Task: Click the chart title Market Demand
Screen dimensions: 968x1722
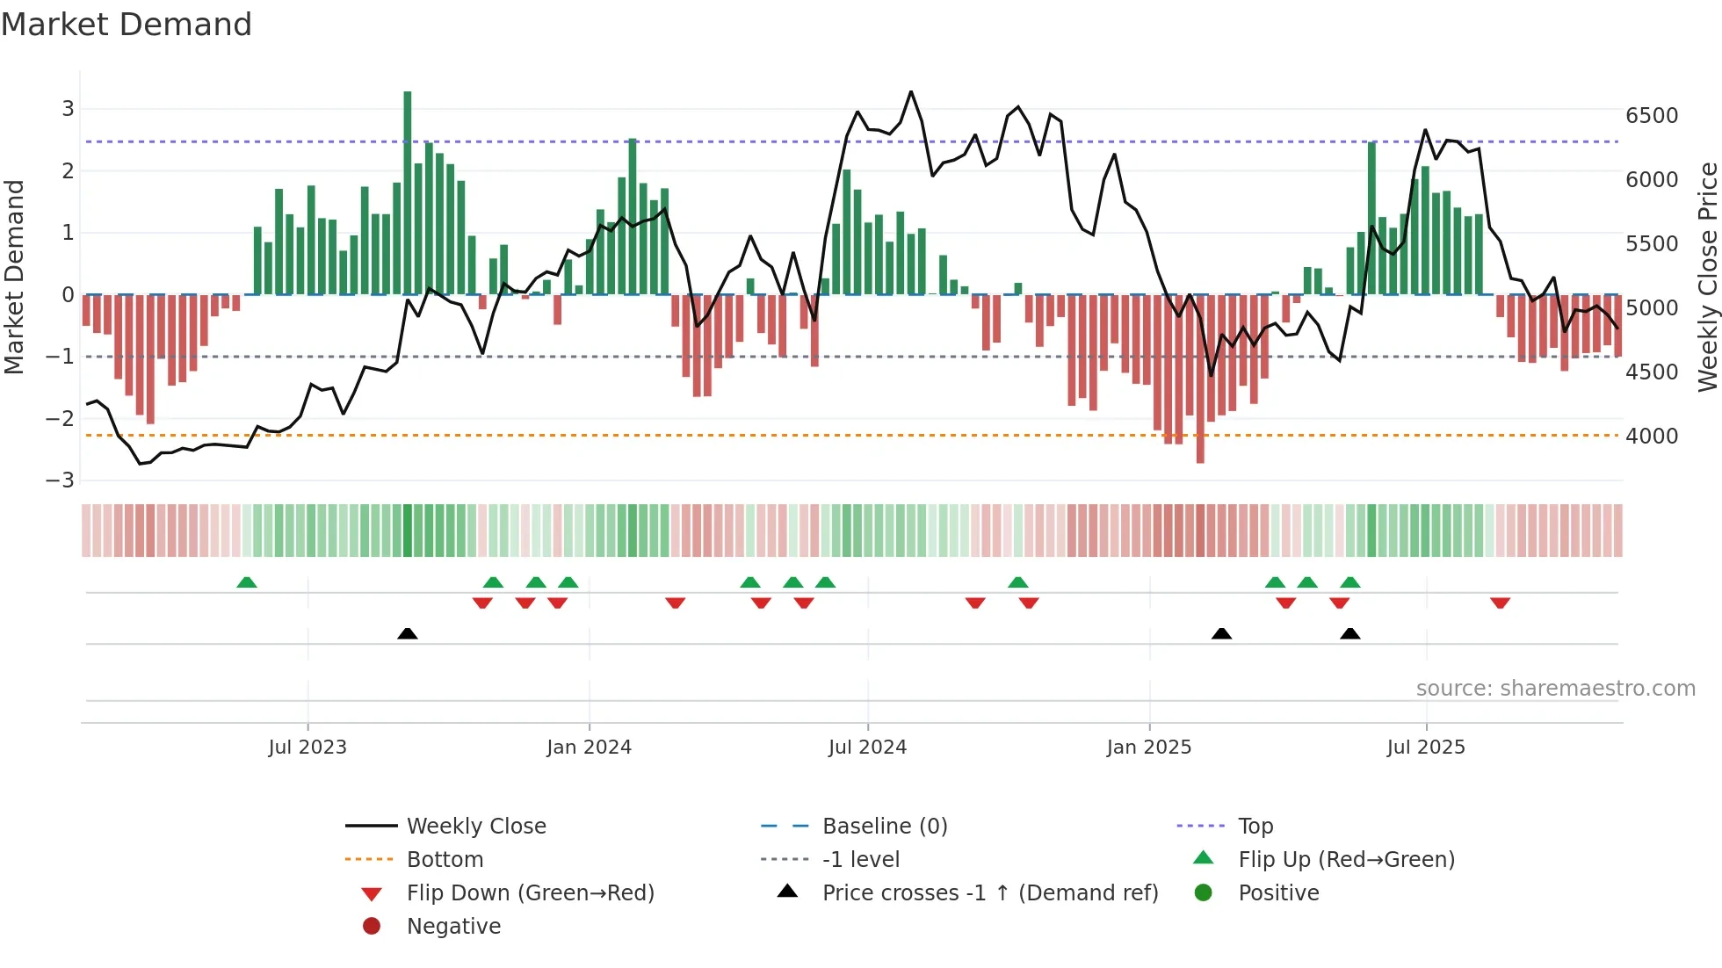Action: (x=127, y=25)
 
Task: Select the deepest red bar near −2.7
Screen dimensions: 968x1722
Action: (x=1200, y=379)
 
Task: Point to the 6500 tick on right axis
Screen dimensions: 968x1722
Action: (x=1651, y=116)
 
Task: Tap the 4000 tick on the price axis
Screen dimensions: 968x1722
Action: (x=1651, y=437)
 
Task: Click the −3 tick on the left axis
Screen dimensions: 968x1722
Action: (x=60, y=480)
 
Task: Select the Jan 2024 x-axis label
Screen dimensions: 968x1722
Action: (x=589, y=748)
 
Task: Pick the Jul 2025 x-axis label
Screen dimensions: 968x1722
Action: (x=1426, y=748)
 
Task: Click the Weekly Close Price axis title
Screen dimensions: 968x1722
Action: (x=1707, y=277)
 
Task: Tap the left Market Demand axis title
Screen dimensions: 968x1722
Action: (x=14, y=277)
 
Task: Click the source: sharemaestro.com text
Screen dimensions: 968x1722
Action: (x=1555, y=689)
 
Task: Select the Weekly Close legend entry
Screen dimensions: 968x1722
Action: (x=475, y=827)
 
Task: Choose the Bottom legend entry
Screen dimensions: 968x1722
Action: (x=445, y=860)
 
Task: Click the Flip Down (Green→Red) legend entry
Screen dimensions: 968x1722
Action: (x=530, y=893)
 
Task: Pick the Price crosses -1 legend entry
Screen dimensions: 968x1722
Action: (x=989, y=893)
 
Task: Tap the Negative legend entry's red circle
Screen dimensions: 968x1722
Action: (x=372, y=927)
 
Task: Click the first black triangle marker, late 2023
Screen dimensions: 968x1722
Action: (x=408, y=633)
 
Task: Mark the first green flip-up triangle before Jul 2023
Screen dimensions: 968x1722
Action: (x=247, y=582)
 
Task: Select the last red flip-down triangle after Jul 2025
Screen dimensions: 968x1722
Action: (x=1500, y=603)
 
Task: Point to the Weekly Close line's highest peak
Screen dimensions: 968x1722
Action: (x=911, y=92)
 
